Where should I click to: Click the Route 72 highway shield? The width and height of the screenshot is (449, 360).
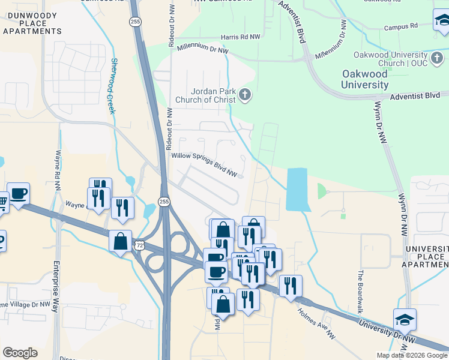point(139,245)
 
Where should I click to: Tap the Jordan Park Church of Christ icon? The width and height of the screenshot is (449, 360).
point(244,94)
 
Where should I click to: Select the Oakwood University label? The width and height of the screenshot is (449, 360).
point(364,79)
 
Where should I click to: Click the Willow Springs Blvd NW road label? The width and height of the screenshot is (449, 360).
point(205,164)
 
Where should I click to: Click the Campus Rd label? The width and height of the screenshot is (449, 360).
point(400,27)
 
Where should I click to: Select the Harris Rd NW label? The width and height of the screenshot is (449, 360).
point(240,37)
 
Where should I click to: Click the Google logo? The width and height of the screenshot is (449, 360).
point(20,353)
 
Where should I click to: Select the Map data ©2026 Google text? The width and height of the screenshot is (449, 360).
point(412,355)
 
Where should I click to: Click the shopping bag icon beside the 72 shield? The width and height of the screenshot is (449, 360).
point(121,242)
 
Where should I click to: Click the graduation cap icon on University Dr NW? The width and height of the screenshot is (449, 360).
point(405,319)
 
